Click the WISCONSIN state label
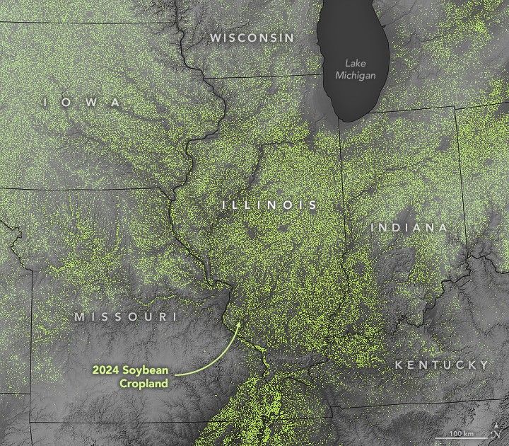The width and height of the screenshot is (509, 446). [251, 38]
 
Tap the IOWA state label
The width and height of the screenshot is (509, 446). [82, 103]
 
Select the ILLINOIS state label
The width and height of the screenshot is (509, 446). [270, 205]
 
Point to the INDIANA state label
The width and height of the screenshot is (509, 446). [409, 227]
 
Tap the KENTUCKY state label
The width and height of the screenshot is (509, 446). [441, 365]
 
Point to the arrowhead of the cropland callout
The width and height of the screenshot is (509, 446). [239, 322]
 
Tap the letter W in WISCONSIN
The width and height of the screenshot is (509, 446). [215, 38]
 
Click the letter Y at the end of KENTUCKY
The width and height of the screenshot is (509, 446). [484, 365]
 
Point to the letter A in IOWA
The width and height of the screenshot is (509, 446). [117, 103]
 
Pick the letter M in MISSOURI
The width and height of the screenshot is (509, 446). [79, 316]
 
